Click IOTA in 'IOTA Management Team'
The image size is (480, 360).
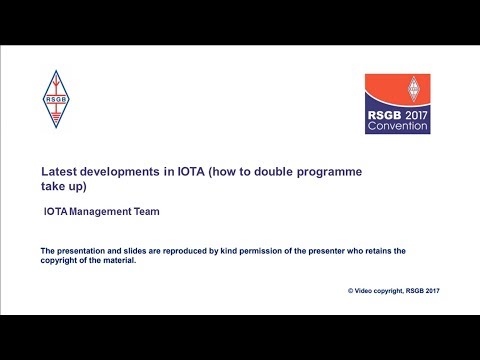[56, 212]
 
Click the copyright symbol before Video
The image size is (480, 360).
[350, 290]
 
